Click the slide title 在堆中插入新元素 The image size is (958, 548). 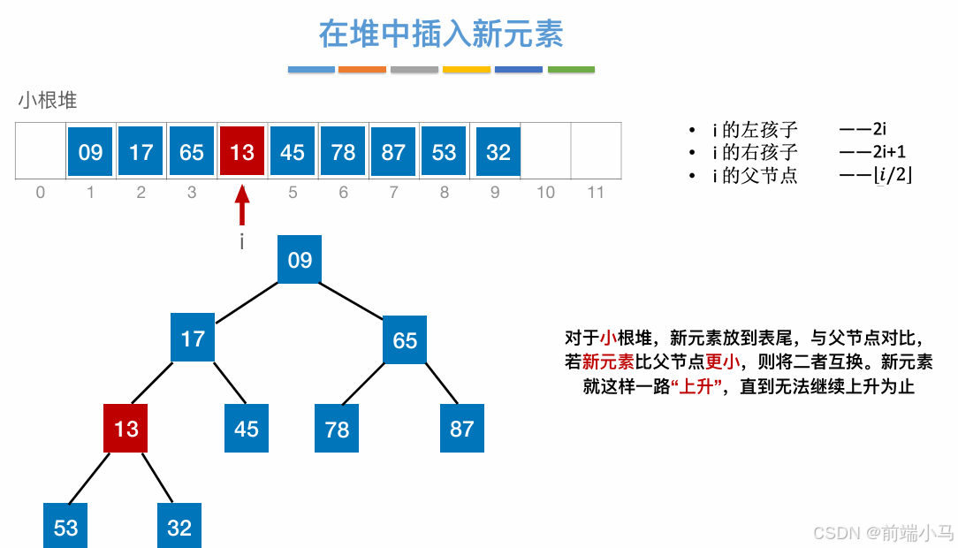point(441,35)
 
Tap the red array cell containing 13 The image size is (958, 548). point(242,152)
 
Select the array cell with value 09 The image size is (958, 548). point(90,152)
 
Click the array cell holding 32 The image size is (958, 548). point(498,152)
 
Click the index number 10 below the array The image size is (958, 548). point(545,192)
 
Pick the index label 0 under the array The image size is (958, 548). point(40,192)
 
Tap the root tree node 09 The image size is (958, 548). point(300,260)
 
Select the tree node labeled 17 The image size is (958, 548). point(193,339)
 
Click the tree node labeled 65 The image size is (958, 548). point(405,340)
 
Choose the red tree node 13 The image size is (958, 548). point(125,429)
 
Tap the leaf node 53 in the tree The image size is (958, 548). point(66,528)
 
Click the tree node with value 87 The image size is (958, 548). point(461,430)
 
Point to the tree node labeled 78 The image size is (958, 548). point(337,430)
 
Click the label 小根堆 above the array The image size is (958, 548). point(48,101)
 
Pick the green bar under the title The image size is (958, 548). point(571,69)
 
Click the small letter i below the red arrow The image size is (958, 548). point(241,242)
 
